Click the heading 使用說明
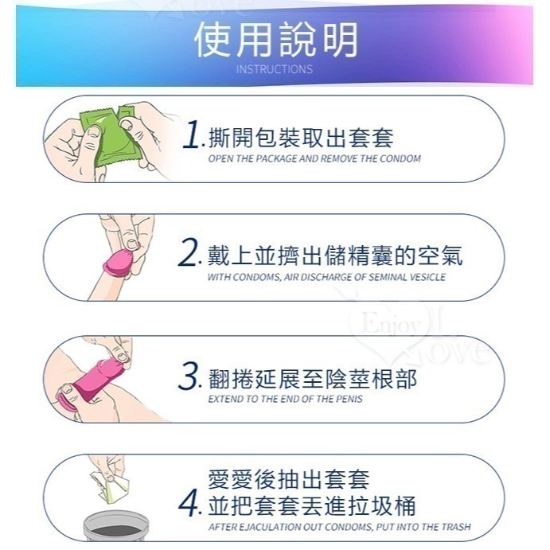(275, 39)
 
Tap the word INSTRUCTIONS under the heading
(275, 69)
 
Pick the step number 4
(189, 505)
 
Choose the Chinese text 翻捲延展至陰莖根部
(311, 378)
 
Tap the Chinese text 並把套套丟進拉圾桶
(311, 505)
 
